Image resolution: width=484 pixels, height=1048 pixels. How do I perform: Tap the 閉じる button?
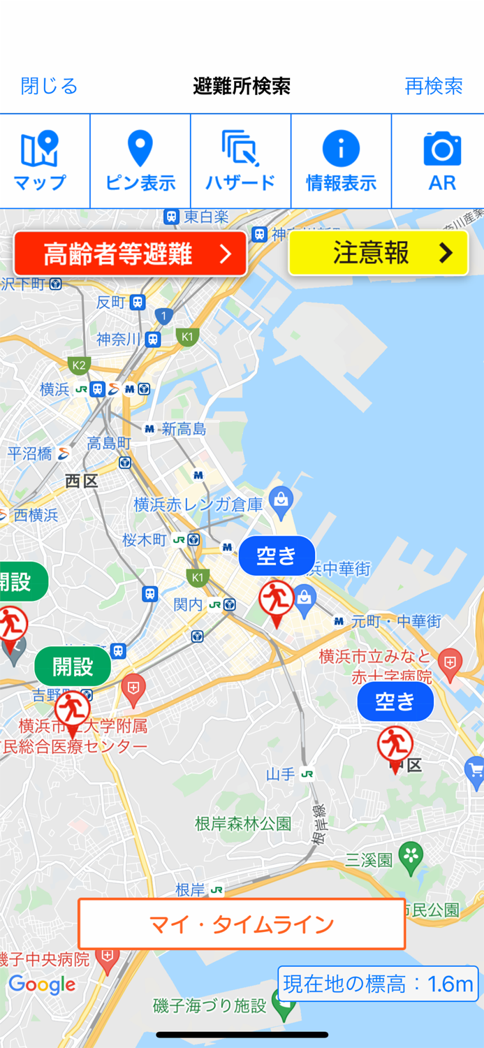click(x=49, y=86)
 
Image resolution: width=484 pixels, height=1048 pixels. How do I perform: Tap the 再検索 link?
click(x=433, y=86)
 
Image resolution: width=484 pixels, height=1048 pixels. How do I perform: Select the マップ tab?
click(x=40, y=161)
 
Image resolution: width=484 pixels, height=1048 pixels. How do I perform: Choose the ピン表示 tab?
click(x=140, y=161)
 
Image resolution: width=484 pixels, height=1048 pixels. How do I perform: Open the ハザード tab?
click(x=240, y=161)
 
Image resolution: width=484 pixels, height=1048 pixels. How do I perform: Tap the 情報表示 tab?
click(x=341, y=161)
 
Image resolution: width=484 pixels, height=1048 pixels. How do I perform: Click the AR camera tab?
click(x=441, y=161)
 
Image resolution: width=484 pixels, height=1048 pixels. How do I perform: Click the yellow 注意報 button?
click(x=378, y=253)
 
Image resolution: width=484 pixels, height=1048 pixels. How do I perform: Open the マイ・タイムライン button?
click(x=242, y=924)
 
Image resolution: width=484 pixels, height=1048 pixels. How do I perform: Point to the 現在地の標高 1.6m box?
click(x=378, y=984)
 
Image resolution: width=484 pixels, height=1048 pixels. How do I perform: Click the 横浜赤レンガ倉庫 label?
click(x=198, y=504)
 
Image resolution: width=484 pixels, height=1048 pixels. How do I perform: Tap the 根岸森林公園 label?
click(x=243, y=824)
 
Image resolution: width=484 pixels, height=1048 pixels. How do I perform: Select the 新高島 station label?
click(x=184, y=429)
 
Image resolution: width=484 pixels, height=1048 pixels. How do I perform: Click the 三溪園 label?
click(x=369, y=860)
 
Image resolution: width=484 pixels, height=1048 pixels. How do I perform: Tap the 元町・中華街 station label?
click(x=395, y=620)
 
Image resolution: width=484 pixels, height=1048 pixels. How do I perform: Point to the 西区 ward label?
click(x=82, y=481)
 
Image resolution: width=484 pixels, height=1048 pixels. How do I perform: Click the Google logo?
click(x=42, y=985)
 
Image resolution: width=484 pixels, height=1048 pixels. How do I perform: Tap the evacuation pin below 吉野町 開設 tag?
click(x=72, y=711)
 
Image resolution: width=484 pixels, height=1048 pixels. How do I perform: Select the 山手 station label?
click(x=281, y=774)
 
